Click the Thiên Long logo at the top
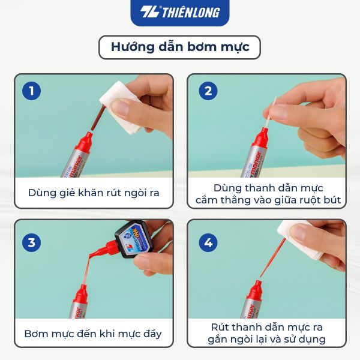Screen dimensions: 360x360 tap(180, 12)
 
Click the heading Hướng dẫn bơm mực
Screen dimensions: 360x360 tap(179, 47)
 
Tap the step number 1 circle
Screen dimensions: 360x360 tap(32, 91)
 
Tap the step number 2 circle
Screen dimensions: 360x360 tap(208, 91)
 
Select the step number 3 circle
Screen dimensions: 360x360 tap(32, 243)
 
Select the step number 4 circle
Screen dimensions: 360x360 tap(208, 243)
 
